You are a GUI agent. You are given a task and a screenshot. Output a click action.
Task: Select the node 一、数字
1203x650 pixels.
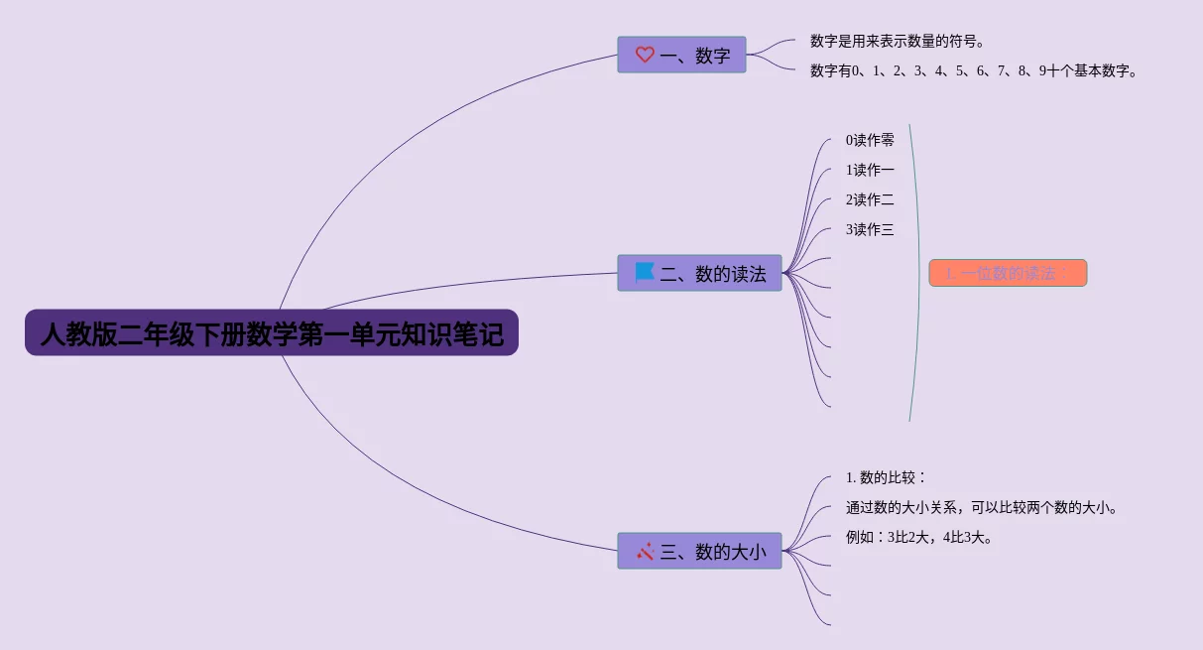pos(681,55)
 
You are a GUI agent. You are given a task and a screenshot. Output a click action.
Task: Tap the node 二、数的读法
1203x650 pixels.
pos(699,273)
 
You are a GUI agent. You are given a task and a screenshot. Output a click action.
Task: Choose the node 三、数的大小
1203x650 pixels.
pos(699,551)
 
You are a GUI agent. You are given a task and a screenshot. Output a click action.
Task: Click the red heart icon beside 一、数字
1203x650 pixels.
pos(645,55)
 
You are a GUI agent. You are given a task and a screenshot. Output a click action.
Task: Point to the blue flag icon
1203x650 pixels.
pos(645,272)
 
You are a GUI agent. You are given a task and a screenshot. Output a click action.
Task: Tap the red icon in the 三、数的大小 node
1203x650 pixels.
pos(645,551)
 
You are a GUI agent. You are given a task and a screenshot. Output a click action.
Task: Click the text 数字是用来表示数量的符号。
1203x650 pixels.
pos(897,41)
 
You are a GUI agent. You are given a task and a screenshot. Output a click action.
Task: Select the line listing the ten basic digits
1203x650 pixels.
pos(973,70)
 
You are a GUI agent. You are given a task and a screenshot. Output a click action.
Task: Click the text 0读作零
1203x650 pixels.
pos(870,140)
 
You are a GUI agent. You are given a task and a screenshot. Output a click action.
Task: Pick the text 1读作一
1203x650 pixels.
pos(870,170)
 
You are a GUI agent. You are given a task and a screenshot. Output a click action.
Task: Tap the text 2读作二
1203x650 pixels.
pos(870,199)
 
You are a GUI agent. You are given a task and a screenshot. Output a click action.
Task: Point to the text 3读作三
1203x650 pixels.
pos(870,229)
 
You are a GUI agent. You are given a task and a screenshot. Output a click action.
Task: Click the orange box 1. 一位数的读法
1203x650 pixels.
pos(1008,273)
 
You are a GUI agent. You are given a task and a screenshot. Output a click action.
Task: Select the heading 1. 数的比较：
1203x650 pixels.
pos(886,477)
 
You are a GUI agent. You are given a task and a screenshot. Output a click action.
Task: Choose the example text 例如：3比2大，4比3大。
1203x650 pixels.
pos(919,537)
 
